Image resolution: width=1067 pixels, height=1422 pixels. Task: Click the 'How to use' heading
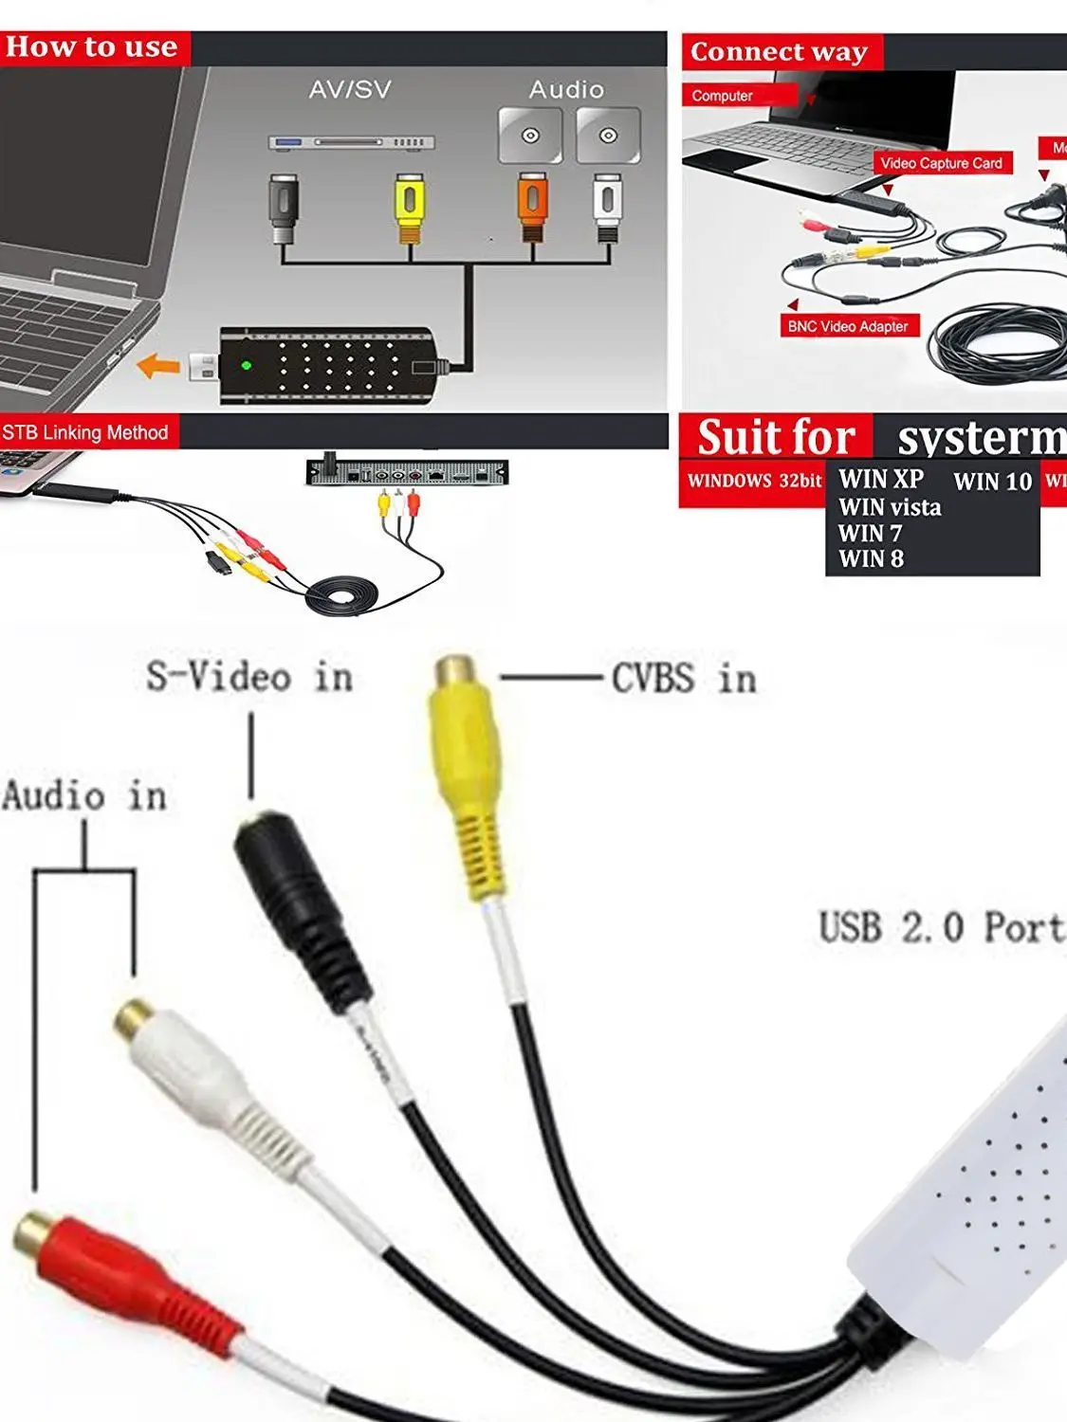coord(92,47)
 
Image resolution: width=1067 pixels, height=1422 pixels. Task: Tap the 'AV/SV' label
coord(350,89)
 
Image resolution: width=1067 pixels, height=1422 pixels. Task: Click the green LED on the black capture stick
coord(247,365)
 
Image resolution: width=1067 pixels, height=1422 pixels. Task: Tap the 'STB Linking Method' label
coord(85,433)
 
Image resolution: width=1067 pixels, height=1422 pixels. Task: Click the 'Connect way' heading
coord(779,52)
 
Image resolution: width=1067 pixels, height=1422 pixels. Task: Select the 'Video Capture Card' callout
coord(941,163)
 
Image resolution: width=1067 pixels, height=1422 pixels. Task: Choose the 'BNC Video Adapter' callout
coord(848,326)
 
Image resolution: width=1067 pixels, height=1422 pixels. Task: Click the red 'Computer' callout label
coord(723,96)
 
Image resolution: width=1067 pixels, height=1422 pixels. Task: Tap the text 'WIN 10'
coord(992,482)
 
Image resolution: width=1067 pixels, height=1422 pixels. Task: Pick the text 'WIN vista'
coord(890,507)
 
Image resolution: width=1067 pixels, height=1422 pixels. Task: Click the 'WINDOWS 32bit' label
coord(754,481)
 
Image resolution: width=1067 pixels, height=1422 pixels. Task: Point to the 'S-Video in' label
coord(249,677)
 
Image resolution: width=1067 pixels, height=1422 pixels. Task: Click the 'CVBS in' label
coord(684,679)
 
